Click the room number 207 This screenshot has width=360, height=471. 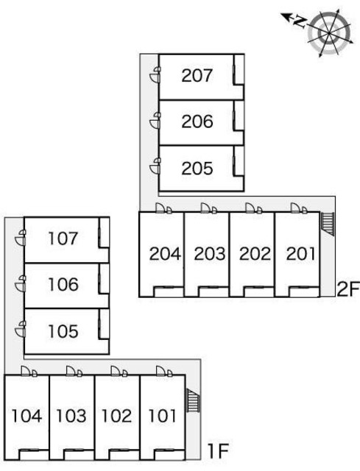click(x=197, y=75)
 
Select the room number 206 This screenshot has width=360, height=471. click(x=197, y=121)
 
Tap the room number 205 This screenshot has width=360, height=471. click(x=197, y=169)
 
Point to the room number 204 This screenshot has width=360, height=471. click(x=165, y=254)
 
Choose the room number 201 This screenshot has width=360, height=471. click(x=300, y=254)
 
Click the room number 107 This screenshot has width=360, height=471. click(x=63, y=238)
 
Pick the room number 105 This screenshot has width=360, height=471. click(x=63, y=331)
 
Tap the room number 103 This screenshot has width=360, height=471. click(x=71, y=416)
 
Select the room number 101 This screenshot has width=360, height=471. click(x=162, y=416)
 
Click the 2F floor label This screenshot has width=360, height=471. click(x=348, y=289)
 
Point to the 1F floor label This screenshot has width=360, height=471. click(x=218, y=451)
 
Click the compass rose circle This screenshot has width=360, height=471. click(x=329, y=32)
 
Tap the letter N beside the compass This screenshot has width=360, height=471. click(x=300, y=22)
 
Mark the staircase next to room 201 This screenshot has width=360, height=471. click(x=328, y=224)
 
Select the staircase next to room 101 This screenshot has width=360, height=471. click(x=193, y=400)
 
